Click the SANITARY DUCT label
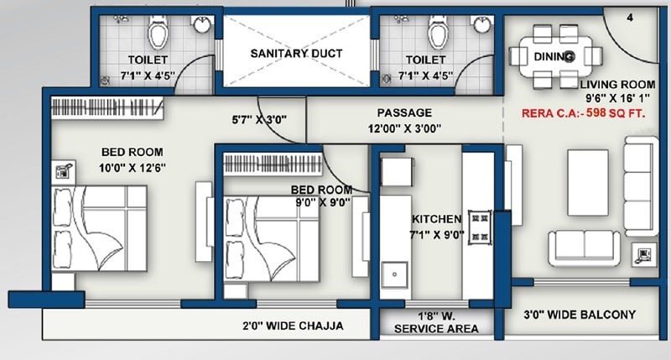click(297, 53)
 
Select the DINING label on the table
click(554, 57)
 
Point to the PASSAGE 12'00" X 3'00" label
click(404, 120)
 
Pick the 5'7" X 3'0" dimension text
click(259, 119)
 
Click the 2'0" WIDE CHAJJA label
click(293, 326)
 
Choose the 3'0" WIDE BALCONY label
click(578, 316)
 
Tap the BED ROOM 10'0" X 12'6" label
click(134, 159)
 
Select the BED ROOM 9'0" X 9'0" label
click(321, 196)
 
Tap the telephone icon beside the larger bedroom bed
click(62, 171)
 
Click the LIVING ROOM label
click(616, 85)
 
